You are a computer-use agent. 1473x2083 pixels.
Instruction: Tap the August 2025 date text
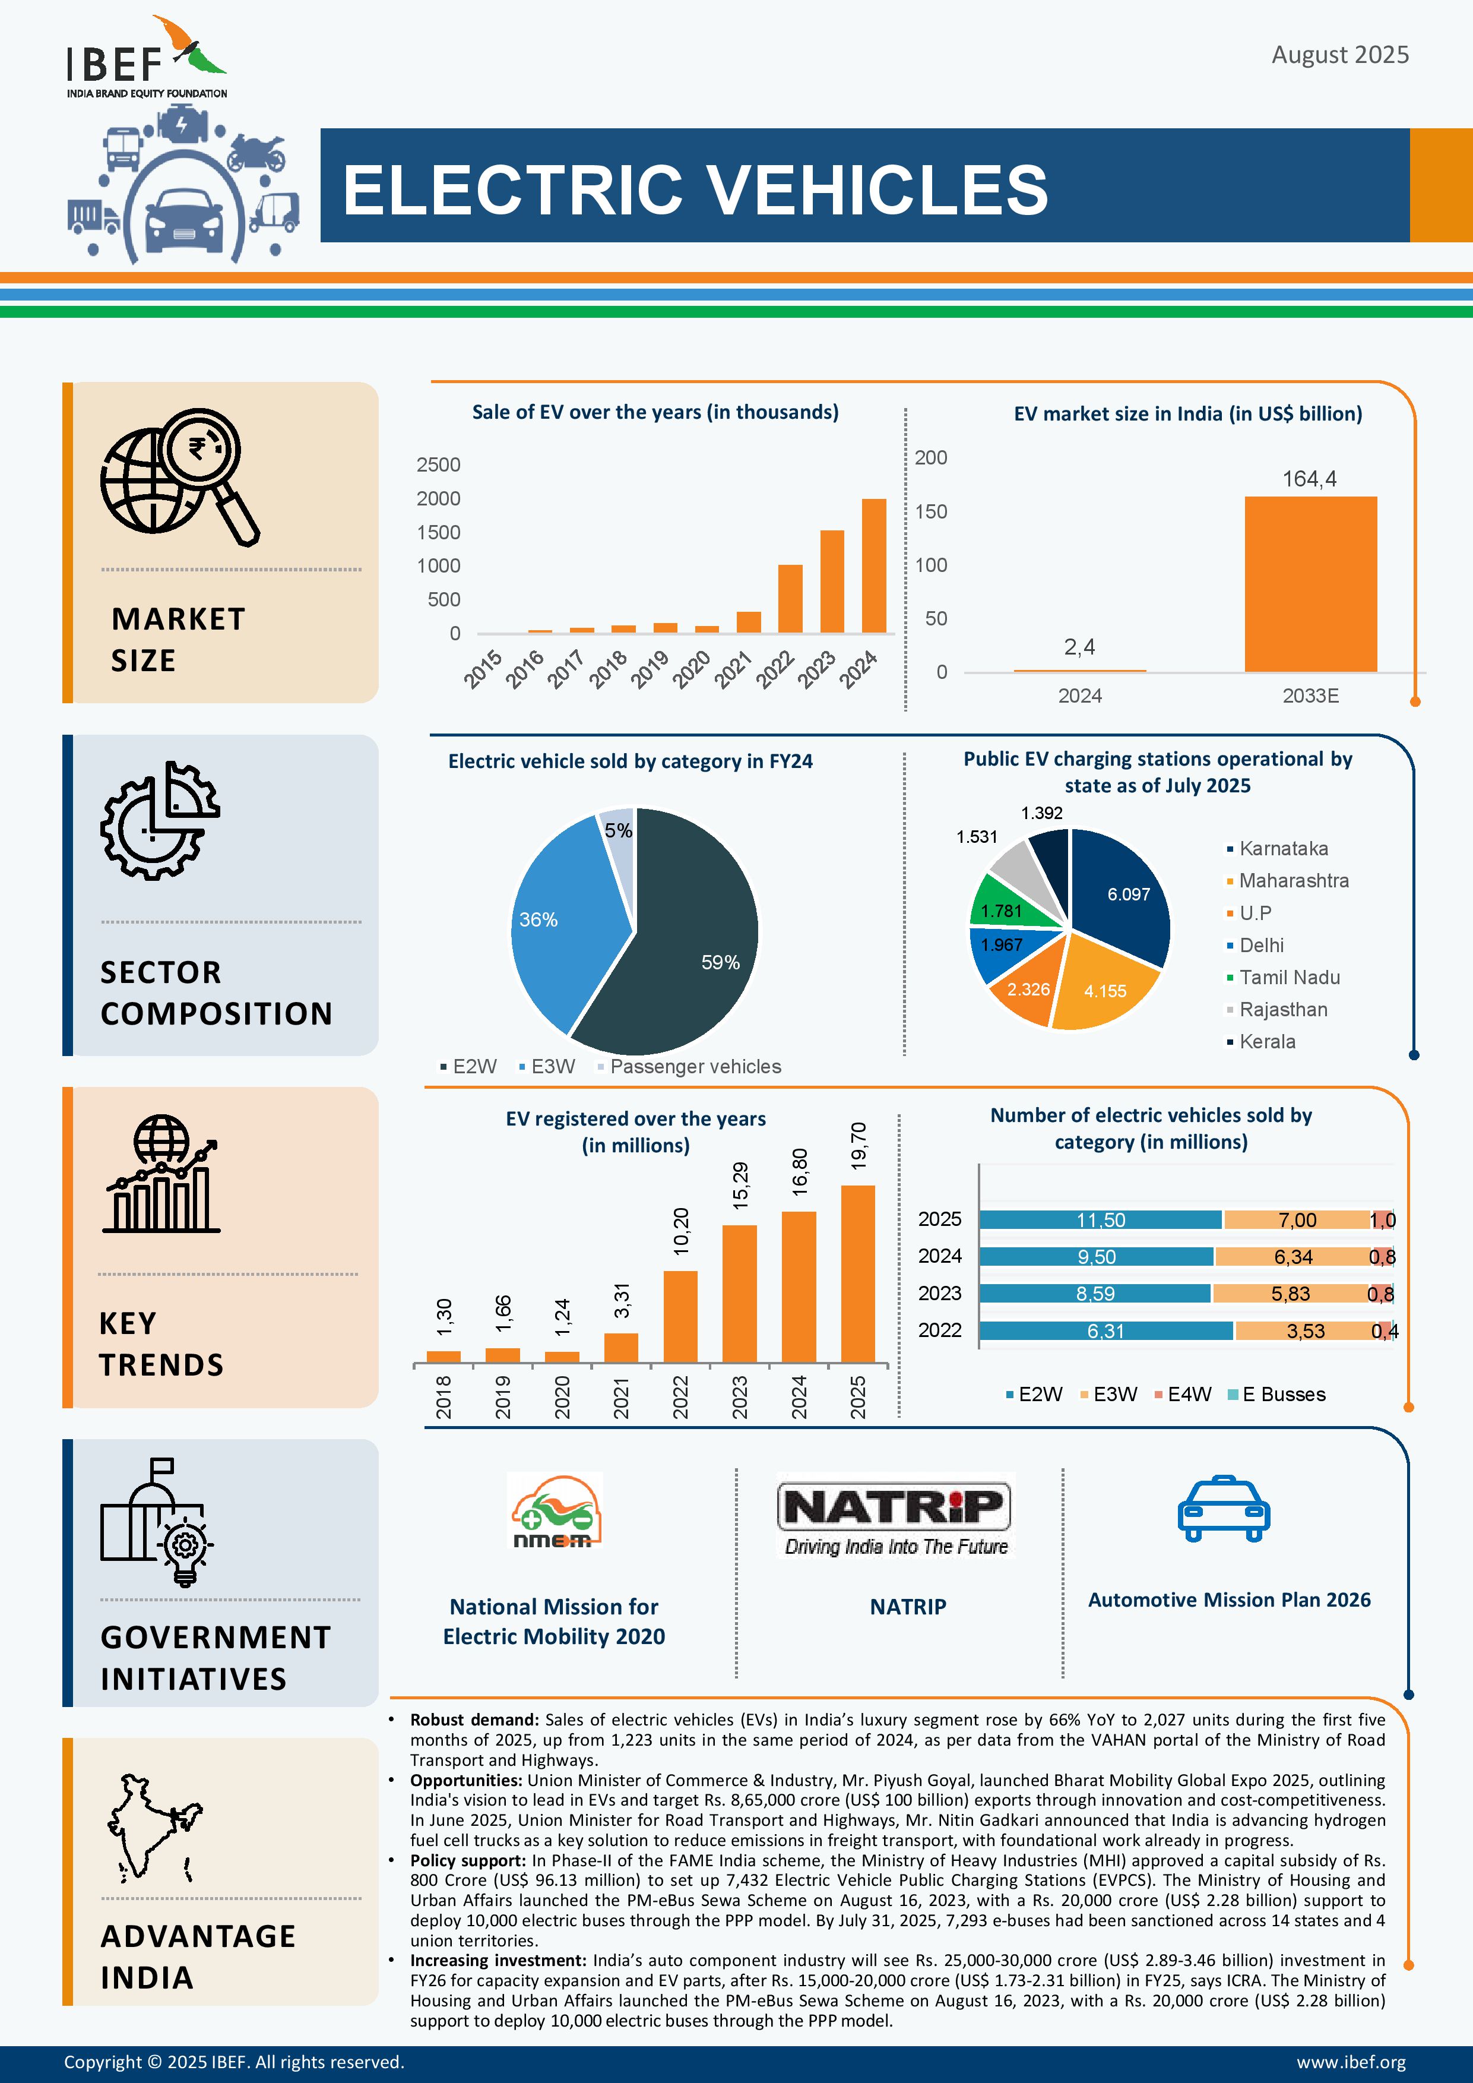point(1339,55)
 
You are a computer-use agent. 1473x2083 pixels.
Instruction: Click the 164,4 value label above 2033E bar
point(1309,479)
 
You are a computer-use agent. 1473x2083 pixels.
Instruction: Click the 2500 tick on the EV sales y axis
point(438,464)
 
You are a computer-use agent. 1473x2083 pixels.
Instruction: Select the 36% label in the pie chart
point(538,920)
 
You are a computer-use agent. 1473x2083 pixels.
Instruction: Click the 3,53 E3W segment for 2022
point(1304,1331)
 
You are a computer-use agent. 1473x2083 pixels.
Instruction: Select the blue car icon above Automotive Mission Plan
point(1224,1508)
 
